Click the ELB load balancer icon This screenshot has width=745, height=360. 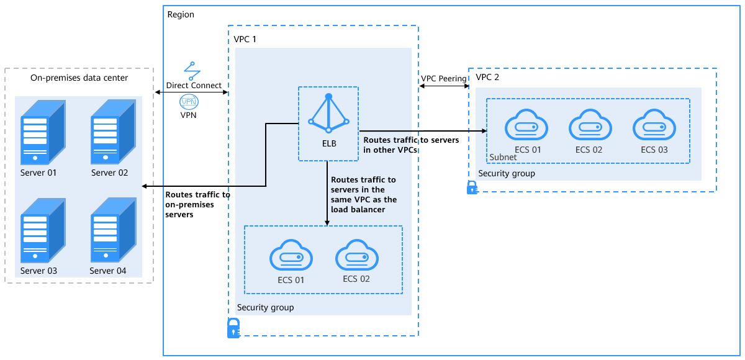pyautogui.click(x=328, y=113)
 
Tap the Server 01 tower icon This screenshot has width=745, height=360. pyautogui.click(x=43, y=132)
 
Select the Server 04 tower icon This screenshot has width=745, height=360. pyautogui.click(x=114, y=230)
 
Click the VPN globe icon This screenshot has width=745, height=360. pyautogui.click(x=189, y=102)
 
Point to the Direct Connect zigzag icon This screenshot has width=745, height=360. pyautogui.click(x=192, y=71)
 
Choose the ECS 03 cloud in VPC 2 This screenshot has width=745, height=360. pyautogui.click(x=654, y=125)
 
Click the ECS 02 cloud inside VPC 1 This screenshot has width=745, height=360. pyautogui.click(x=357, y=255)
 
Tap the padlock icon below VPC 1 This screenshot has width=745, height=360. pyautogui.click(x=233, y=328)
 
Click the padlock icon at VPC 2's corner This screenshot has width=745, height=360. pyautogui.click(x=472, y=187)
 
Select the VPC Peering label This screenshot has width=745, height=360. pyautogui.click(x=444, y=78)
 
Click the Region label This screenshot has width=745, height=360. pyautogui.click(x=181, y=15)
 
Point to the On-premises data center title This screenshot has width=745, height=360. pyautogui.click(x=79, y=78)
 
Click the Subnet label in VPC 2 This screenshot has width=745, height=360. pyautogui.click(x=503, y=157)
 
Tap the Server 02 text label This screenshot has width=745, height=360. pyautogui.click(x=109, y=173)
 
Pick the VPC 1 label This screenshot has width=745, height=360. pyautogui.click(x=245, y=39)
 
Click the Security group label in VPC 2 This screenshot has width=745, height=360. pyautogui.click(x=507, y=174)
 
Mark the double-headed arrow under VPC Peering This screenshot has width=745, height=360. pyautogui.click(x=444, y=86)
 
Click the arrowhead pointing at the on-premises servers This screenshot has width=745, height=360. pyautogui.click(x=144, y=186)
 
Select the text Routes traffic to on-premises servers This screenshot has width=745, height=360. pyautogui.click(x=197, y=204)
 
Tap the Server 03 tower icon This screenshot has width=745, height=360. pyautogui.click(x=43, y=230)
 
